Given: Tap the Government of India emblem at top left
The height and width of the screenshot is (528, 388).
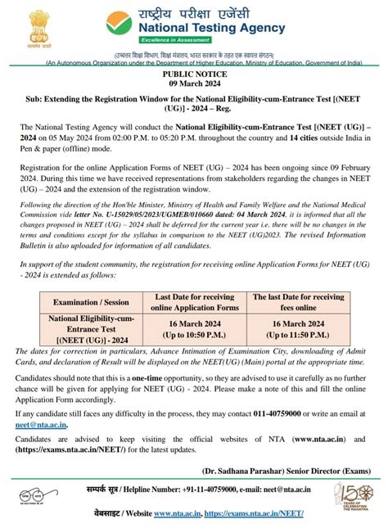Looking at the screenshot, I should point(31,31).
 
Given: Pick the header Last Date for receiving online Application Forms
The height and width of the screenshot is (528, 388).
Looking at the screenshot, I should point(195,301).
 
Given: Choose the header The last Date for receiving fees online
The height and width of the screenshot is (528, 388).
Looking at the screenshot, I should point(298,301).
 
